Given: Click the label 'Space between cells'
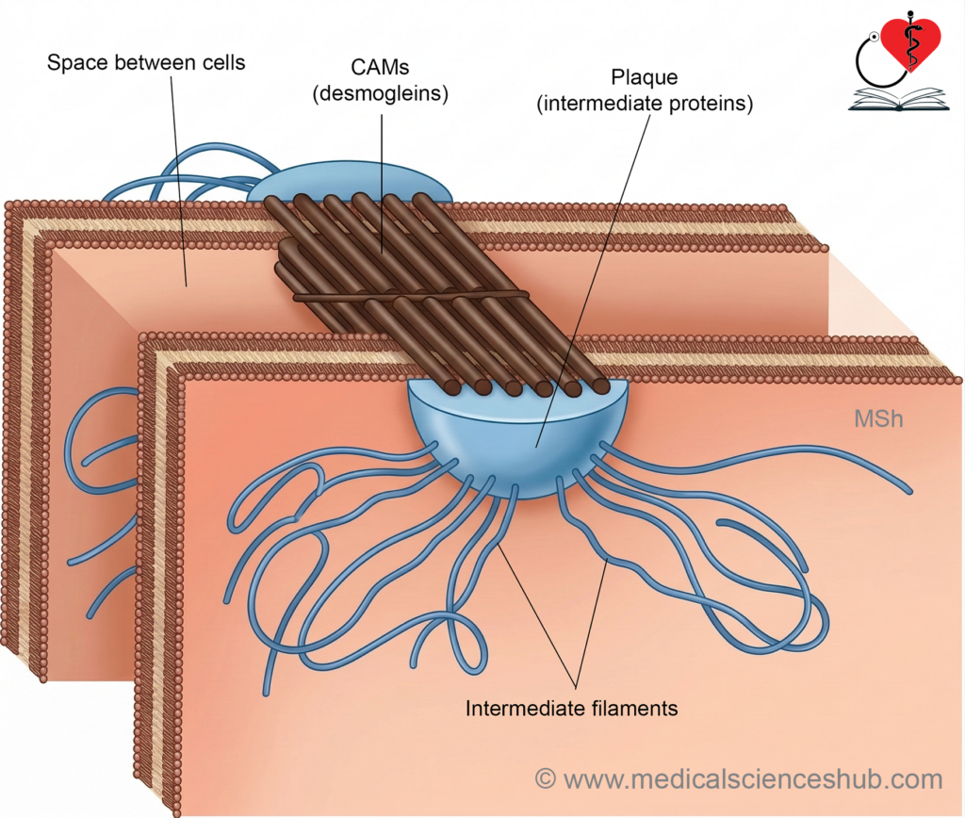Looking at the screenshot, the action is (x=146, y=63).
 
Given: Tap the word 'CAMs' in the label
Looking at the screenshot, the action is (x=380, y=67).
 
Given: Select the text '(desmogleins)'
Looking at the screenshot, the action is (x=380, y=93).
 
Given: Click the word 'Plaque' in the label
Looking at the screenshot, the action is (x=645, y=77).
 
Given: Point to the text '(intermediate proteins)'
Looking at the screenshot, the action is (x=645, y=104).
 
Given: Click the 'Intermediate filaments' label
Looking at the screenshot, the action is (x=571, y=709).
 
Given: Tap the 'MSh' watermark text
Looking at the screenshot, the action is (x=878, y=419).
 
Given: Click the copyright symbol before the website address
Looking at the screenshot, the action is (x=546, y=778).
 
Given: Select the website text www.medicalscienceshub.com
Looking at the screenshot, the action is (x=753, y=779).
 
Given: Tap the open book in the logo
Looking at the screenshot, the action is (x=899, y=99).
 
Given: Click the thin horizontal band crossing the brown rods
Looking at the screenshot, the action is (x=411, y=297).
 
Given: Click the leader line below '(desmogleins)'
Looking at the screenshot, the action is (x=382, y=184).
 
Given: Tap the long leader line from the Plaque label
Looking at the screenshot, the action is (x=593, y=280).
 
